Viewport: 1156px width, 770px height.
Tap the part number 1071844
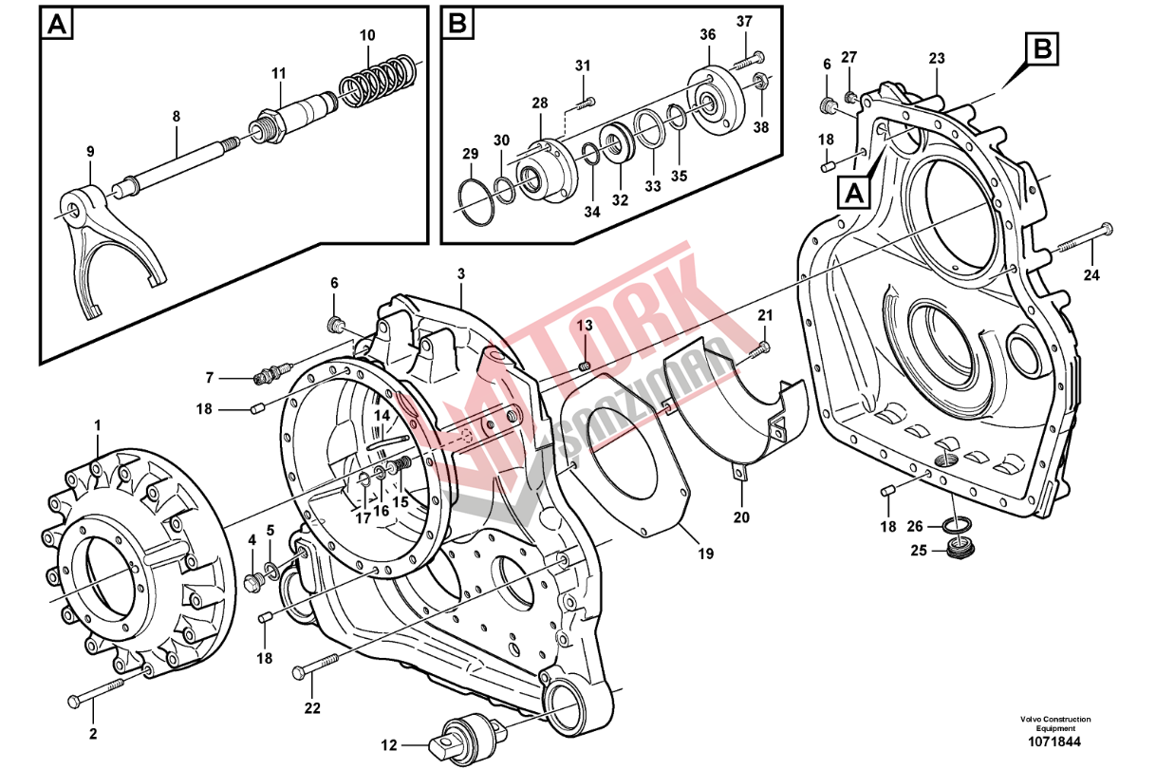[x=1055, y=742]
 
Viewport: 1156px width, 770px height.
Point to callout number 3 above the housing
[x=461, y=273]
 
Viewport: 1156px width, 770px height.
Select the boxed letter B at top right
[x=1042, y=47]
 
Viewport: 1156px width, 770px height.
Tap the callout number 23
[x=937, y=58]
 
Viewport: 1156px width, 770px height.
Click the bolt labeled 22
[x=317, y=666]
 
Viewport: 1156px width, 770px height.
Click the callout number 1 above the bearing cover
[x=97, y=424]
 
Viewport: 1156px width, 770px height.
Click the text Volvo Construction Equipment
[x=1055, y=723]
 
